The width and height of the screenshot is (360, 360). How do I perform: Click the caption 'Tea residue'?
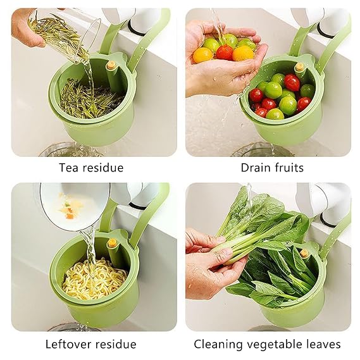point(91,168)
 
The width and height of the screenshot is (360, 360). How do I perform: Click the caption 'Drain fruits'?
point(272,168)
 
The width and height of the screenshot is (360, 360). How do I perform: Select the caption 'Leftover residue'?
point(91,344)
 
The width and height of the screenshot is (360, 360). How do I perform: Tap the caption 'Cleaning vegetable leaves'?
point(267,344)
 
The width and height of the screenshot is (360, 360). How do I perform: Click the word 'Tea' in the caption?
point(69,168)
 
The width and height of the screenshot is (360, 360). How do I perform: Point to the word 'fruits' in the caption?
point(289,168)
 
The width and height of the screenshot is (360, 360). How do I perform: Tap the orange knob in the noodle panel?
point(112,243)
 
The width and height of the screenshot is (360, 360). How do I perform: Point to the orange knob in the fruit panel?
point(299,66)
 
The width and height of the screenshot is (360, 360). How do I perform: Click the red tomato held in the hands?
point(225,53)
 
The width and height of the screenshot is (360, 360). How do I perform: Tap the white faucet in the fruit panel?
point(332,22)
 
